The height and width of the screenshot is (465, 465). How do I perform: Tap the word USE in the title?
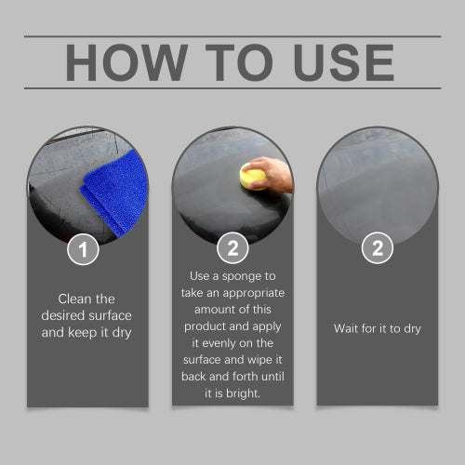(343, 62)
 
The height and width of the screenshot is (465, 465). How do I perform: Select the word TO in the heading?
(239, 62)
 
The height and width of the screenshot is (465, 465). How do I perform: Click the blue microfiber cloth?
(114, 193)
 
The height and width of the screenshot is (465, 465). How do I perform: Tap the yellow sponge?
(252, 179)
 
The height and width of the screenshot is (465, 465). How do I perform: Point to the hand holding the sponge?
(269, 174)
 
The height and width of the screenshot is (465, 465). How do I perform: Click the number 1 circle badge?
(83, 249)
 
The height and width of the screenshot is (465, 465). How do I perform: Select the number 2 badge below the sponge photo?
(232, 248)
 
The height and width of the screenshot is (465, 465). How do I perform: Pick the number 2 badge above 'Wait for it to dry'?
(378, 248)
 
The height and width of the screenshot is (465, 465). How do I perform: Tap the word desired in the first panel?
(63, 315)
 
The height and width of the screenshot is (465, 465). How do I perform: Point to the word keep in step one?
(82, 333)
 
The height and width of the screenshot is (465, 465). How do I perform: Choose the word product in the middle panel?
(201, 327)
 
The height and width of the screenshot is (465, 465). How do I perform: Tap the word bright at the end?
(243, 393)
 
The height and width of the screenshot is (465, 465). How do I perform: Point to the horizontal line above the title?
(232, 36)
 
